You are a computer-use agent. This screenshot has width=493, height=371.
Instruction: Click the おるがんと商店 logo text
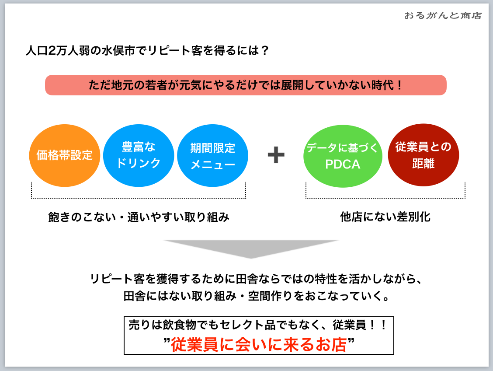443,16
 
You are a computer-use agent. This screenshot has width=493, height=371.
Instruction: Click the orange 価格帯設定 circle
65,156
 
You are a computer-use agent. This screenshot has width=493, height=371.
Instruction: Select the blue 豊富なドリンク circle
139,155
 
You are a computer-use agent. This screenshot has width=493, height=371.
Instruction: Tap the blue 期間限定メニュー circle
213,156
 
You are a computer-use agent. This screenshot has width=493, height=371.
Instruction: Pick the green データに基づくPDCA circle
343,156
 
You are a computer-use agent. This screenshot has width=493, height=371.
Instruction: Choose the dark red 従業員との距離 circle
423,155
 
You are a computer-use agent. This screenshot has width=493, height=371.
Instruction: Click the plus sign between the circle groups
276,155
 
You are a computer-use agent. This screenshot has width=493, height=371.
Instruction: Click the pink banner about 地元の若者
246,85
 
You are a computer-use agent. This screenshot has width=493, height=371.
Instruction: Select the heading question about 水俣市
147,51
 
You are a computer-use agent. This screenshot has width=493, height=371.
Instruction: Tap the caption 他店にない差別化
385,217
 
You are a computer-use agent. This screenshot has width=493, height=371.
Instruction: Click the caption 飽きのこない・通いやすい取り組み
139,217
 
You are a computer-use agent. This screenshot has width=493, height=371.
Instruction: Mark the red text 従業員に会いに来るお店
259,345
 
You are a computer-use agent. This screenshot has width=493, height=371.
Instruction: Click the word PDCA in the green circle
343,164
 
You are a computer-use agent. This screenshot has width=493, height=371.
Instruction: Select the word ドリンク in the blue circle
139,164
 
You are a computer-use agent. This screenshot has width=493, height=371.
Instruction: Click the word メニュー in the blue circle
213,164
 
